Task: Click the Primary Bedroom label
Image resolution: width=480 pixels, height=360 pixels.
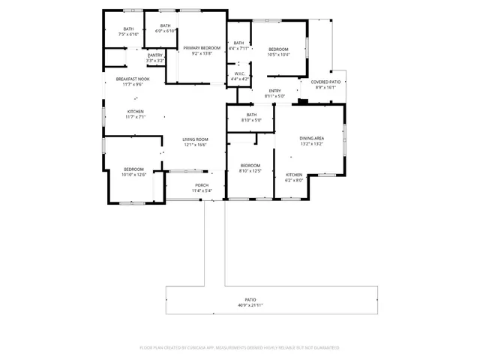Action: (202, 48)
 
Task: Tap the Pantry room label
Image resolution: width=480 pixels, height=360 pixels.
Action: (155, 55)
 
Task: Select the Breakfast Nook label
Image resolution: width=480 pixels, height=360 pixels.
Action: (133, 79)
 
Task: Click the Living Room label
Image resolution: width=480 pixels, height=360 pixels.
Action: (195, 139)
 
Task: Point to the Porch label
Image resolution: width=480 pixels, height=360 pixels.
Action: (202, 185)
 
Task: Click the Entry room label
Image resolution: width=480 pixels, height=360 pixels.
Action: (274, 91)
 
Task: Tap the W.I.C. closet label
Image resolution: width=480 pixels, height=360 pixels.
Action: (240, 73)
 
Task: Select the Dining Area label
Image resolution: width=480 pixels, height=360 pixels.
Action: (311, 138)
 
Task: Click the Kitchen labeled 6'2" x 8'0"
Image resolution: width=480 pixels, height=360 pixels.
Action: (293, 175)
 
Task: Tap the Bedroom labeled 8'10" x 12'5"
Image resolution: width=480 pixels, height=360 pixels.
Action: (250, 165)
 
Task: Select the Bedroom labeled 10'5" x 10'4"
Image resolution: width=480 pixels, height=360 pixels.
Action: (277, 49)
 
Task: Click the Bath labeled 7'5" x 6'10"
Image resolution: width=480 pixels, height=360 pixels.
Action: (128, 28)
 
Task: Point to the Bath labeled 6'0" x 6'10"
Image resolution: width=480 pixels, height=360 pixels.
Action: (165, 26)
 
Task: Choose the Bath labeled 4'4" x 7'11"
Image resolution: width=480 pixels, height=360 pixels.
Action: (238, 43)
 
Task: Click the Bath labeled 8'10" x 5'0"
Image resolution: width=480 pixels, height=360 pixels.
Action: (251, 115)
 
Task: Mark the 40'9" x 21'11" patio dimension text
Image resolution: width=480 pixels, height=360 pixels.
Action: (250, 305)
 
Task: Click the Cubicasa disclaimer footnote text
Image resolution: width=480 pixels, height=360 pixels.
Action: (240, 347)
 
